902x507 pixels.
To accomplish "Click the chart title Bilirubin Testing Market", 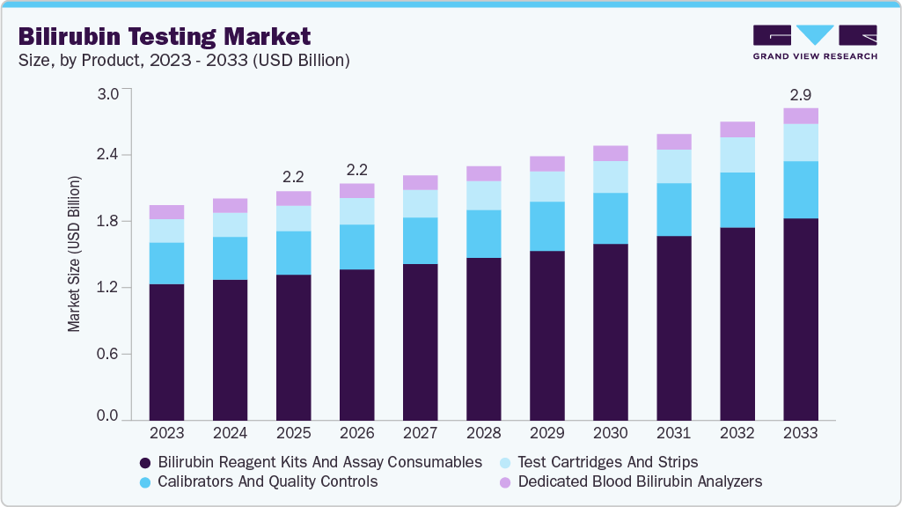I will pyautogui.click(x=165, y=36).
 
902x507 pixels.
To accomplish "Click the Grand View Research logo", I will pyautogui.click(x=814, y=42).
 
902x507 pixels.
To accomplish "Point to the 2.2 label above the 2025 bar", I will pyautogui.click(x=293, y=176).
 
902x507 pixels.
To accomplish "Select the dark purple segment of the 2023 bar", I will pyautogui.click(x=166, y=352).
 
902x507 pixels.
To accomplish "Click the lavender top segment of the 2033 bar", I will pyautogui.click(x=801, y=116).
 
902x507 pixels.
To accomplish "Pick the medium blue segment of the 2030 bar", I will pyautogui.click(x=611, y=218).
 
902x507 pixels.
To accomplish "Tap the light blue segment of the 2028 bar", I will pyautogui.click(x=484, y=195).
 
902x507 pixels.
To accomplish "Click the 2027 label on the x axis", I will pyautogui.click(x=421, y=433).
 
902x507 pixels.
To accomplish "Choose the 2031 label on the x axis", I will pyautogui.click(x=674, y=433).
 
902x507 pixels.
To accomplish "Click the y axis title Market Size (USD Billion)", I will pyautogui.click(x=75, y=253).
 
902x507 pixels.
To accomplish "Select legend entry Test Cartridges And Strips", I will pyautogui.click(x=607, y=461).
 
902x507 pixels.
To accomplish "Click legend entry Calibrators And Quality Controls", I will pyautogui.click(x=268, y=481).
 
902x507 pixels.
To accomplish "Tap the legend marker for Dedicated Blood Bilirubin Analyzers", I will pyautogui.click(x=504, y=482).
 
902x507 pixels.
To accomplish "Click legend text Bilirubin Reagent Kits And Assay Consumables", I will pyautogui.click(x=319, y=461).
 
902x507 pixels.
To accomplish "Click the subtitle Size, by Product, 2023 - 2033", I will pyautogui.click(x=185, y=61).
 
